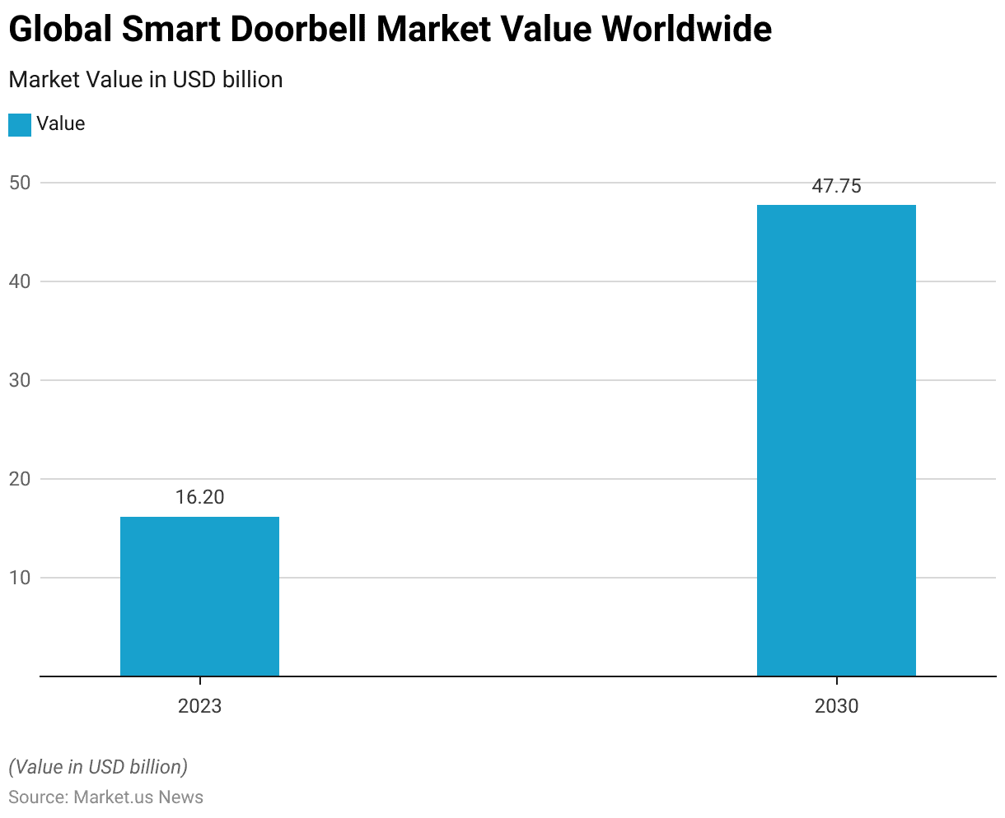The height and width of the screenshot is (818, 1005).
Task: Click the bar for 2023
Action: point(199,596)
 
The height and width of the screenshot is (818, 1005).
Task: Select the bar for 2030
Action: point(836,440)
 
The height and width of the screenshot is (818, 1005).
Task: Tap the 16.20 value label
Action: point(199,497)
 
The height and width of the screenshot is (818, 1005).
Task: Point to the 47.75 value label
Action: point(836,186)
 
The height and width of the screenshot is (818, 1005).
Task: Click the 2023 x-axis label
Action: point(199,706)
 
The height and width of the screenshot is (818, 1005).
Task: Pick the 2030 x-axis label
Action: point(836,706)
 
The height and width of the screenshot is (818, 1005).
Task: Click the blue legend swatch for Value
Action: point(20,124)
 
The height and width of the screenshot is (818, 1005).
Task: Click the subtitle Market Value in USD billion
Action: point(146,80)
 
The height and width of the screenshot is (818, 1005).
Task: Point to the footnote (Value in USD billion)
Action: point(98,767)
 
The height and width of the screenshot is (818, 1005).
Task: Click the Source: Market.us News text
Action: point(105,797)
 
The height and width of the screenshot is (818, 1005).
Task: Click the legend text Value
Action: point(61,124)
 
